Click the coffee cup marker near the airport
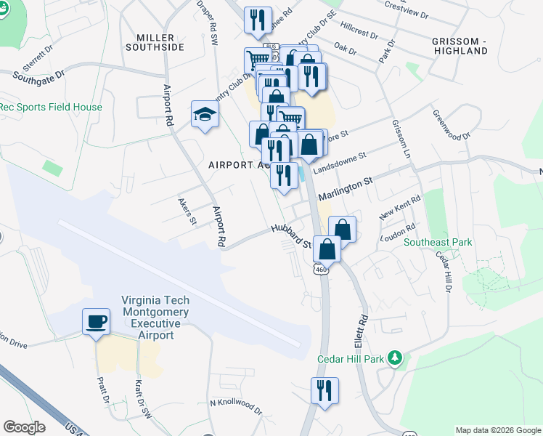(97, 322)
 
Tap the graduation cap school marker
(205, 115)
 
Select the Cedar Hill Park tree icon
(395, 358)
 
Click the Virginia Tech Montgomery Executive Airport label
(156, 318)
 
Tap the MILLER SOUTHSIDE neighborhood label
(165, 42)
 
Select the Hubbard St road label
(291, 236)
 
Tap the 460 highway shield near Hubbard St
(322, 269)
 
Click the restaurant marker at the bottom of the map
(322, 390)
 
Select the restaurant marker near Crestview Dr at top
(257, 20)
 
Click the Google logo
(24, 427)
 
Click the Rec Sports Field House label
(51, 107)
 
